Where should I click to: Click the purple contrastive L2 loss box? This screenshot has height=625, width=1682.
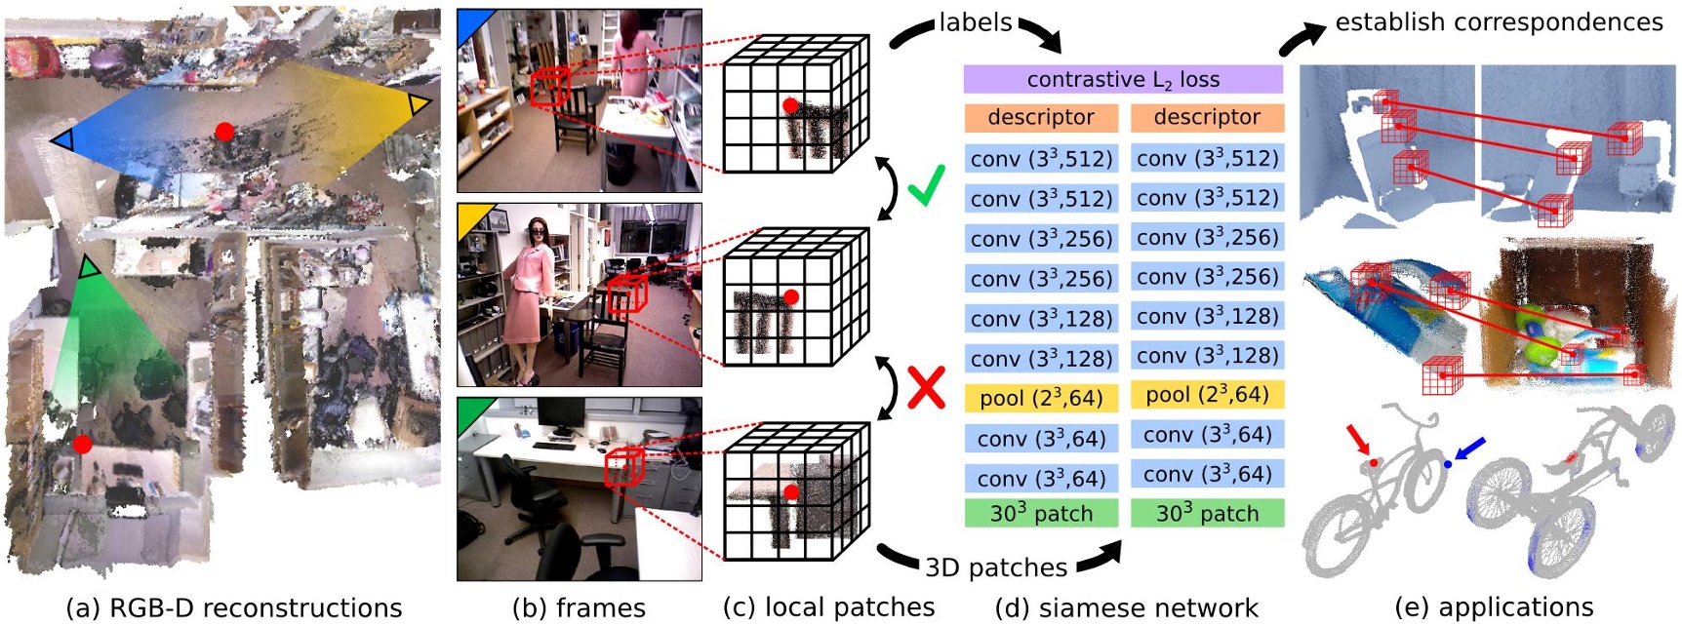(x=1122, y=79)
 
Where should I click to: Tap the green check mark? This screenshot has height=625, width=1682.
(x=925, y=185)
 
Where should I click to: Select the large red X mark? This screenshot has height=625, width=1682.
(x=926, y=388)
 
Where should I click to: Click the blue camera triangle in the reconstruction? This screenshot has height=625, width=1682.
(x=62, y=140)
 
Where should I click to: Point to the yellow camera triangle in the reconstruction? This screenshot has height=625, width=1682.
(x=419, y=104)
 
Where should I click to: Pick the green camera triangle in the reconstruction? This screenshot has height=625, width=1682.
(x=89, y=266)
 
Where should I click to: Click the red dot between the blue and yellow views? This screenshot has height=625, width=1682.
(x=224, y=132)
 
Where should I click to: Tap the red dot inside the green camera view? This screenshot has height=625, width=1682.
(x=83, y=445)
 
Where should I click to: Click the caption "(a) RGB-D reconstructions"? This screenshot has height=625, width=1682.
(x=233, y=608)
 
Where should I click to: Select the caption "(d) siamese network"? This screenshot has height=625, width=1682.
(x=1126, y=608)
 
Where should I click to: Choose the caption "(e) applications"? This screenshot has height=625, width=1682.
(x=1493, y=608)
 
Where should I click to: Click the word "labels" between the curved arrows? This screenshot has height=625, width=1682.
(x=975, y=22)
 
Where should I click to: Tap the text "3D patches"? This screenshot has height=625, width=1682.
(x=995, y=567)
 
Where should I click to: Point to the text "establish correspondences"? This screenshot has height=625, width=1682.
(x=1498, y=22)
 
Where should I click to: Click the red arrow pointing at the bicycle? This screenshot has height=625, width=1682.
(x=1359, y=441)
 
